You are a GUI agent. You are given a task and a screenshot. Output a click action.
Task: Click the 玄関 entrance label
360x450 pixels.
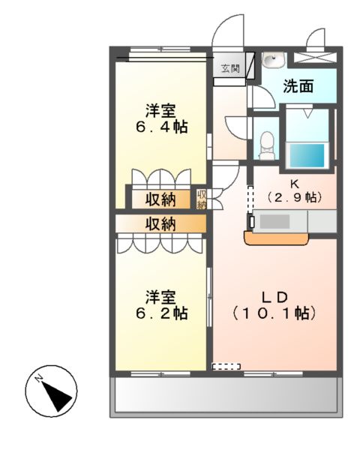point(230,69)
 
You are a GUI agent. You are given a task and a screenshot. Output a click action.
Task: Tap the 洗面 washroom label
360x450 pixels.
point(298,86)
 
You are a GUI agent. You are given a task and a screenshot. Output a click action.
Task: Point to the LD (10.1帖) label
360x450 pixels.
point(274,304)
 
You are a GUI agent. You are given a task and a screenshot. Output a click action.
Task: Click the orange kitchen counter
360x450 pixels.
point(277,238)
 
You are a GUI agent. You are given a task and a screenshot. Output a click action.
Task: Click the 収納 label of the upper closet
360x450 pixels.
point(160,199)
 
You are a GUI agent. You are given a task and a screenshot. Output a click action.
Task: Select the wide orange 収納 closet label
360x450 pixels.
point(160,223)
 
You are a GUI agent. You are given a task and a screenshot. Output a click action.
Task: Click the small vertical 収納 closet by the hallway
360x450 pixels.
point(202,199)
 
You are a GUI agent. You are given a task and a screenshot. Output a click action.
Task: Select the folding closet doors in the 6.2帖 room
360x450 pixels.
point(160,243)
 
